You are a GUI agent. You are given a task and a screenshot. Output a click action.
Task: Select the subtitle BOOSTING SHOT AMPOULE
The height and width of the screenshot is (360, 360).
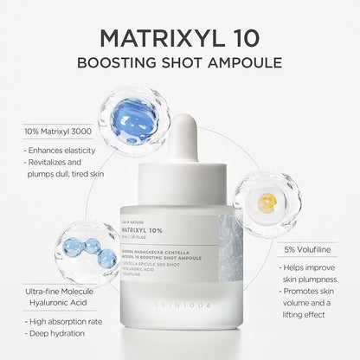click(x=180, y=66)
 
